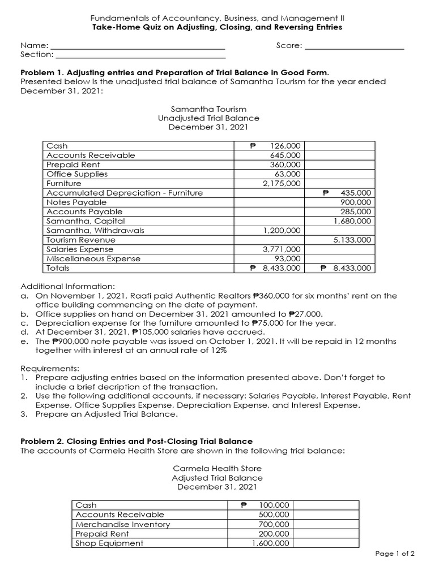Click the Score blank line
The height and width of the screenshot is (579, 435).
coord(355,46)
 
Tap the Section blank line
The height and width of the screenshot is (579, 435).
coord(140,55)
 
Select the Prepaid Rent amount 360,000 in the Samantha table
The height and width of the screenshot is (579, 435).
coord(286,165)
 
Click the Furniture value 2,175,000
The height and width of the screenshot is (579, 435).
coord(282,183)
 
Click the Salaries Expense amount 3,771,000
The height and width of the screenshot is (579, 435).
coord(282,249)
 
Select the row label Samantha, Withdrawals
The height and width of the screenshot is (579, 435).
coord(95,231)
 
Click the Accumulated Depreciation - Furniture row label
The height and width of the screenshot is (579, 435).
coord(125,193)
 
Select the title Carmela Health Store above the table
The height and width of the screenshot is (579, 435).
coord(217,469)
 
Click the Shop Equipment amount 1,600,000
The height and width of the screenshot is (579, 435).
coord(270,543)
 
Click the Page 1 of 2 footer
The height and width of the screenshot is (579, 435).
coord(395,554)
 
